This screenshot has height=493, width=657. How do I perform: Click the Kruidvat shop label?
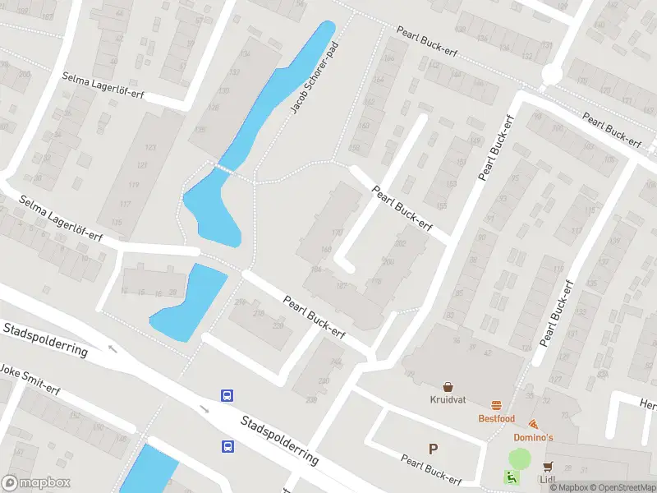click(448, 399)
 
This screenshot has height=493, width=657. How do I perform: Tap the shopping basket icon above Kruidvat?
click(448, 387)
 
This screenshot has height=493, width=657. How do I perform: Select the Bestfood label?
click(497, 419)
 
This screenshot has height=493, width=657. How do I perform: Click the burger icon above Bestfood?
click(497, 406)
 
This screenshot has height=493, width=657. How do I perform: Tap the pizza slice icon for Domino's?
click(534, 425)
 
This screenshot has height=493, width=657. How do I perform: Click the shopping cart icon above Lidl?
click(547, 466)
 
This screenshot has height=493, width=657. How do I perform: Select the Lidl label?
click(548, 479)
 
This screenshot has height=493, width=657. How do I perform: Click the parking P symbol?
click(433, 449)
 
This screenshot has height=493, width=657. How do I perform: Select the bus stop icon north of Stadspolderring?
click(227, 395)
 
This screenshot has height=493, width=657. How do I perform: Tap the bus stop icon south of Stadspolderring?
click(227, 447)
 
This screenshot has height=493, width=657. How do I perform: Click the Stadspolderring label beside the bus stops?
click(279, 440)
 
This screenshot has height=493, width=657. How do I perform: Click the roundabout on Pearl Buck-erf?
click(551, 75)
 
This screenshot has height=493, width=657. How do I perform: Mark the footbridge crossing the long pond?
click(223, 168)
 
